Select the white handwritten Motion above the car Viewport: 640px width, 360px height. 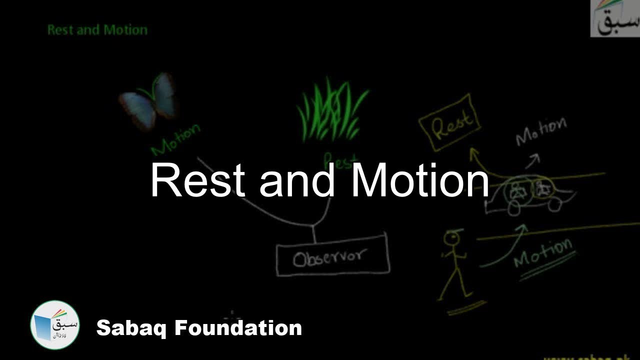coord(541,131)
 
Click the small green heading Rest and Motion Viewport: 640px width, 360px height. coord(97,30)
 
